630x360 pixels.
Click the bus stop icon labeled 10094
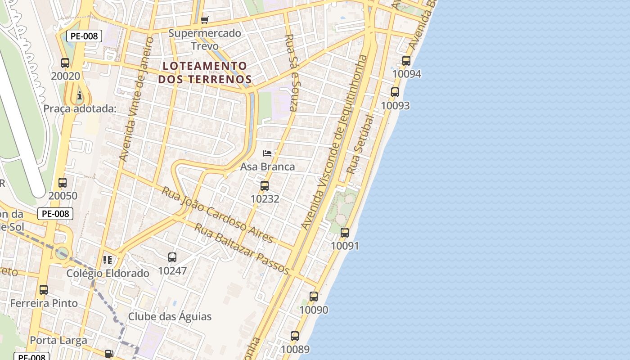click(x=406, y=60)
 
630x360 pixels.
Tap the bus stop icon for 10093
click(x=395, y=92)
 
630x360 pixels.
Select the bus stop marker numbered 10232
click(x=265, y=185)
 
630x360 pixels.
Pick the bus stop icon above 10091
click(x=345, y=233)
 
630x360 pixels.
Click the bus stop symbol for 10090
click(x=314, y=297)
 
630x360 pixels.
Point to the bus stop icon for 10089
click(x=295, y=336)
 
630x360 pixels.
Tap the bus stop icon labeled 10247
click(x=172, y=257)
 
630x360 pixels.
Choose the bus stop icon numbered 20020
click(x=65, y=63)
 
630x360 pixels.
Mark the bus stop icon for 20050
click(x=63, y=183)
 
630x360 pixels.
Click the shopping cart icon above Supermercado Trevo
click(x=205, y=20)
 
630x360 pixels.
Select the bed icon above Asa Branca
click(x=267, y=153)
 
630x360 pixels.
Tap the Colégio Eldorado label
click(x=108, y=273)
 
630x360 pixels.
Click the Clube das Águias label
click(x=170, y=316)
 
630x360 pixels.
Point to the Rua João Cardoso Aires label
click(x=217, y=215)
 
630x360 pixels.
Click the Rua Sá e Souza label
click(x=292, y=72)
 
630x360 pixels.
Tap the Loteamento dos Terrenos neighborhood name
click(x=205, y=72)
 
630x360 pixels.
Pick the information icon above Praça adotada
click(x=80, y=95)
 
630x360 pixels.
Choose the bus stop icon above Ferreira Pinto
click(x=44, y=290)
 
